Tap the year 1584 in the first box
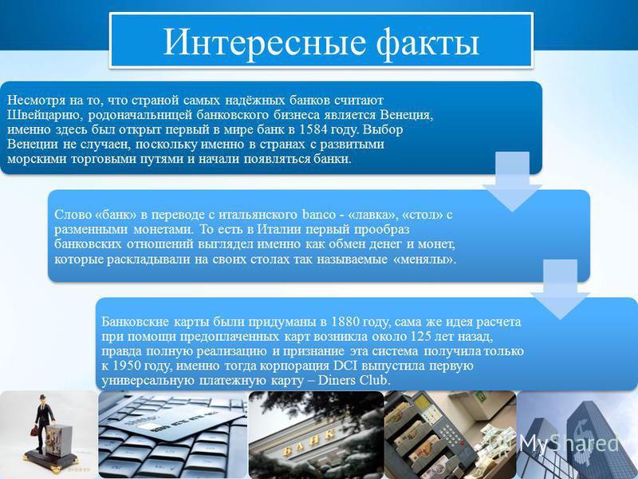click(313, 129)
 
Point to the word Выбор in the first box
click(383, 129)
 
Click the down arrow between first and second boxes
click(512, 182)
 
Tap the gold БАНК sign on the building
click(309, 443)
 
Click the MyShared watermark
click(569, 443)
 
